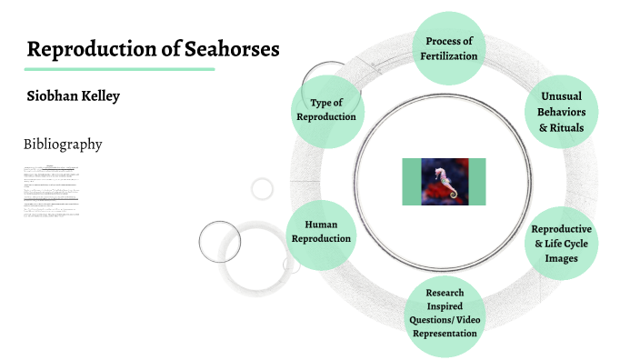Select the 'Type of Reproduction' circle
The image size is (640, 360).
[325, 109]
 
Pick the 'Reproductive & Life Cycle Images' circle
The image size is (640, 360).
[561, 244]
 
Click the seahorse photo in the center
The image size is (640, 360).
[444, 182]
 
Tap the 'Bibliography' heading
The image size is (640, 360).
[63, 145]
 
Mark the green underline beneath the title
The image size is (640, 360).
[119, 68]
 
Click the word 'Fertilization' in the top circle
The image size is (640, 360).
[445, 56]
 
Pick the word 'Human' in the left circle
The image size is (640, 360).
[321, 224]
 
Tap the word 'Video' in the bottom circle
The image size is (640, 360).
[464, 319]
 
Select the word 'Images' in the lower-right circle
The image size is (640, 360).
[561, 258]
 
